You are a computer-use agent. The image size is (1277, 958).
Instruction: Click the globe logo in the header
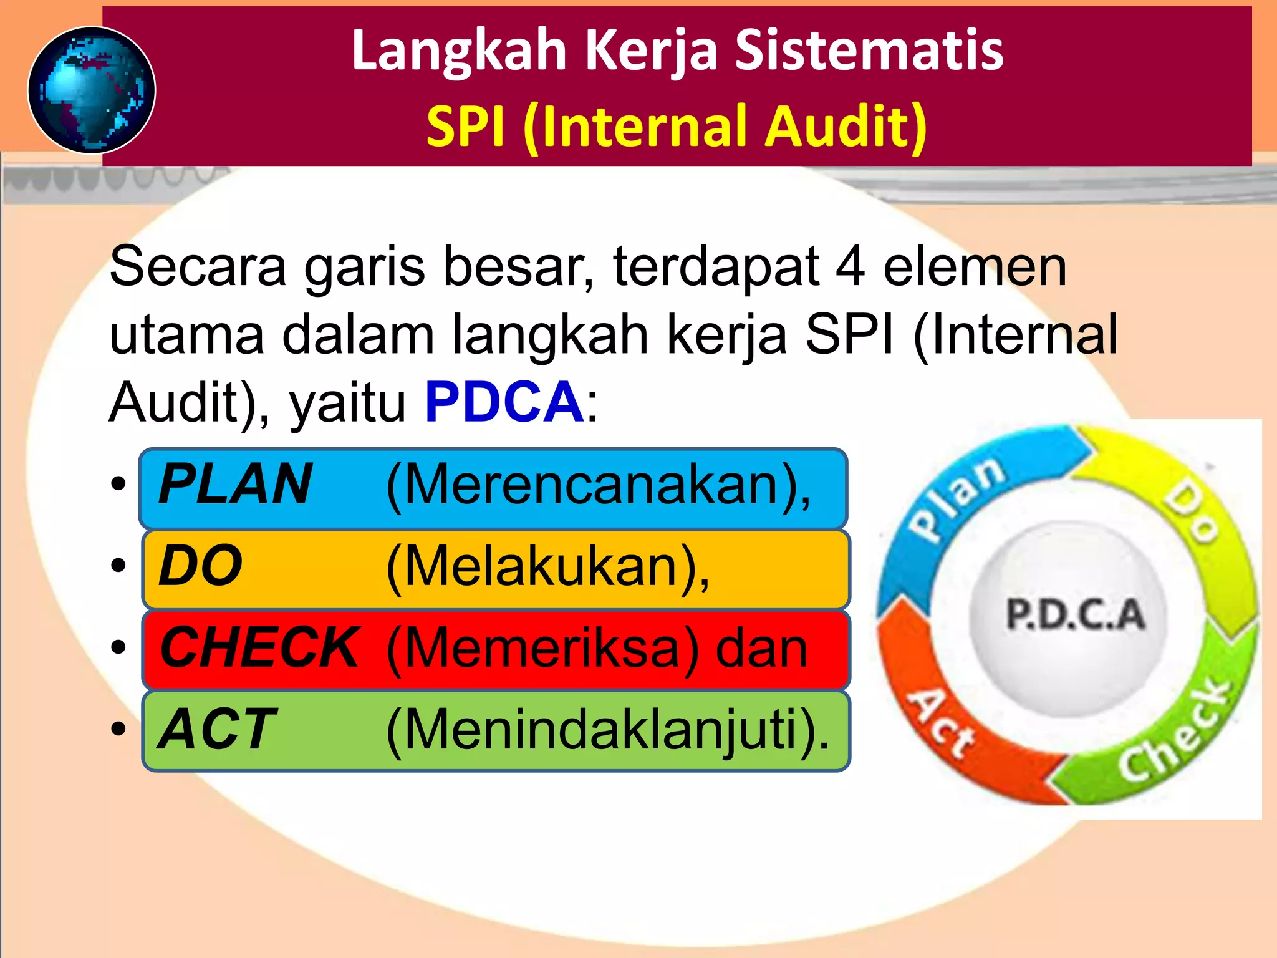[x=92, y=90]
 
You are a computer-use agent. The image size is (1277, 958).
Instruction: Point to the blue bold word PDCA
[x=504, y=402]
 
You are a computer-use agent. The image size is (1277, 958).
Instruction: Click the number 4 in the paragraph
[x=850, y=267]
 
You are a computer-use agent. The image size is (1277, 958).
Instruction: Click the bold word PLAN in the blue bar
[x=235, y=485]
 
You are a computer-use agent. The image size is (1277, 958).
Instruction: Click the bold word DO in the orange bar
[x=200, y=566]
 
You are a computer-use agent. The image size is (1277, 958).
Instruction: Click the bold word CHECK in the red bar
[x=259, y=648]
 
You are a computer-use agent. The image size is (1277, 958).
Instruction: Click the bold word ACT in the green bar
[x=216, y=730]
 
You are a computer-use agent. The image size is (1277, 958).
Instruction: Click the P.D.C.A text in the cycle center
[x=1076, y=614]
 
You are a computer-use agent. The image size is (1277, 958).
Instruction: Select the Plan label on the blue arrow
[x=957, y=499]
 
